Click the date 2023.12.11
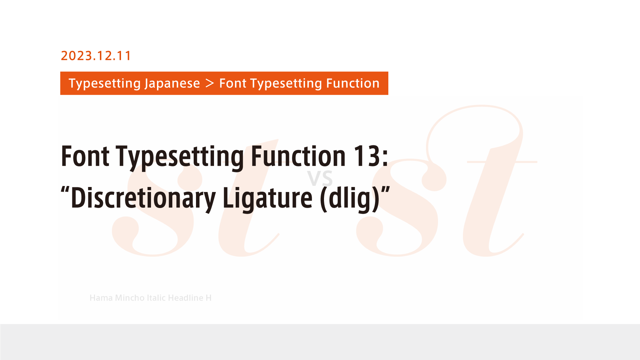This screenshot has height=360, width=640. point(96,56)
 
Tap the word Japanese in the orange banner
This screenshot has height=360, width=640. point(172,83)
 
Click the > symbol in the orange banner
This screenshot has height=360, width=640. point(210,83)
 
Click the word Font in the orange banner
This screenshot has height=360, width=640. point(233,83)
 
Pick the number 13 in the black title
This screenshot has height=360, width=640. point(366,156)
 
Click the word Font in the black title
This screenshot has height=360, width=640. point(85,156)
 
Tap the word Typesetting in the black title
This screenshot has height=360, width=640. point(180,157)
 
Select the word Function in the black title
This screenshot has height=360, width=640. point(298,156)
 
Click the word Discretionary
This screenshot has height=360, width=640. point(143,198)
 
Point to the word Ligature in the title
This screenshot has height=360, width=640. point(268,198)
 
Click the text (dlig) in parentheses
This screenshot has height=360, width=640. point(350,198)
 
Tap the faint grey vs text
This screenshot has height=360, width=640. point(320,178)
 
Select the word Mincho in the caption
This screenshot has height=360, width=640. point(130,298)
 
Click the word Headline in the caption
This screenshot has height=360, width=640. point(186,298)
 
